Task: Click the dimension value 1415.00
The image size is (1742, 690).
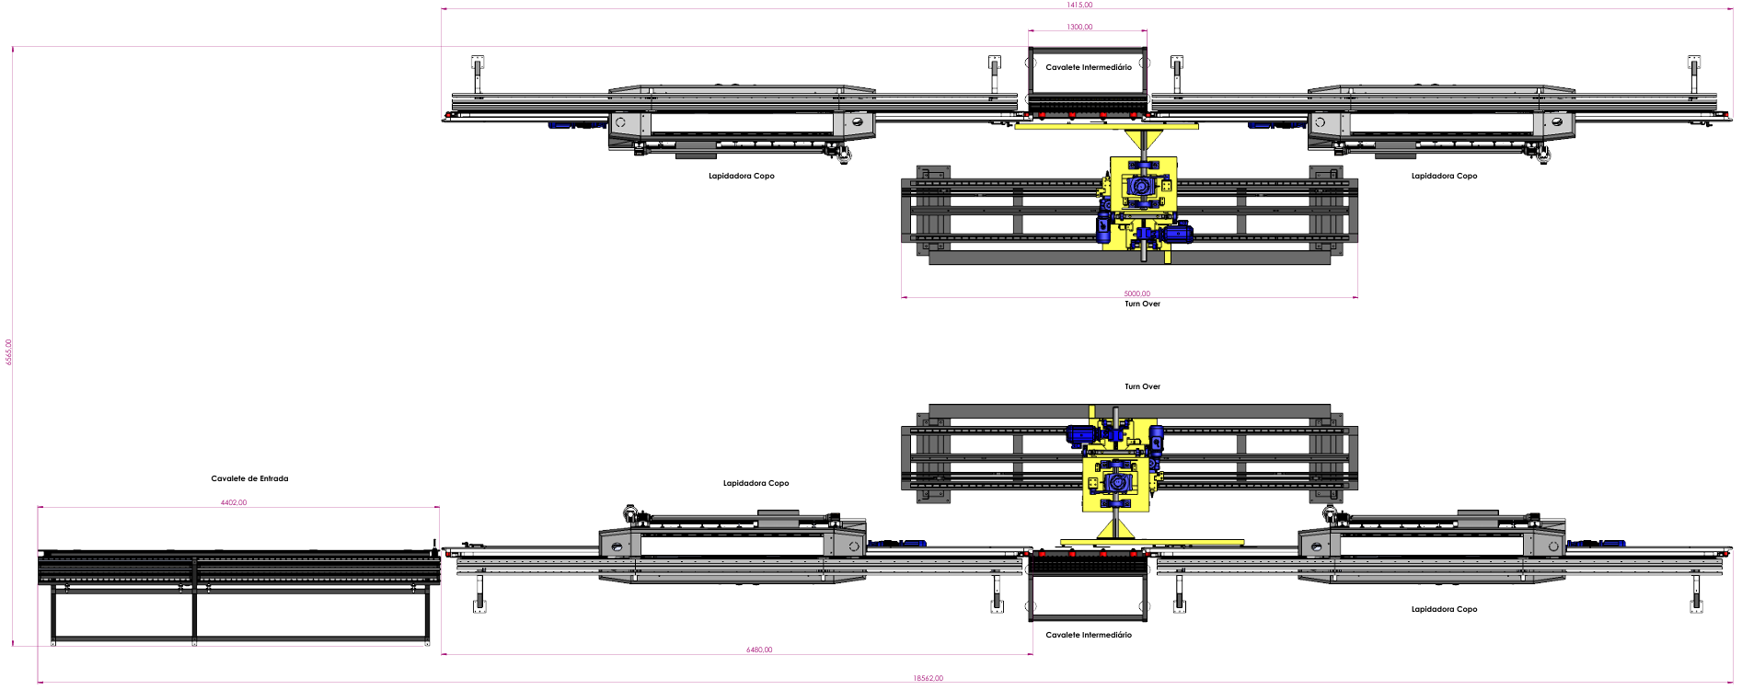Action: pos(1079,5)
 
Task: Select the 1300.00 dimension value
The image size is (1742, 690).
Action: pos(1079,27)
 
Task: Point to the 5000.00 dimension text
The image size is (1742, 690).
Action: pos(1136,293)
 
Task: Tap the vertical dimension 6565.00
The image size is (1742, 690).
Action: pos(9,351)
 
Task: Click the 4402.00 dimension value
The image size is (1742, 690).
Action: pos(234,502)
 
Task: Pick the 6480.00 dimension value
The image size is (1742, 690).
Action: pos(759,650)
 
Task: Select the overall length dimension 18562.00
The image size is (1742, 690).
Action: pos(928,678)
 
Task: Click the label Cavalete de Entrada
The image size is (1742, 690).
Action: pos(249,478)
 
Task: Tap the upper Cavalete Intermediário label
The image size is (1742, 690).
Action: pos(1089,67)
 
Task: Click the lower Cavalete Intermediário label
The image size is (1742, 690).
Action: pos(1089,635)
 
